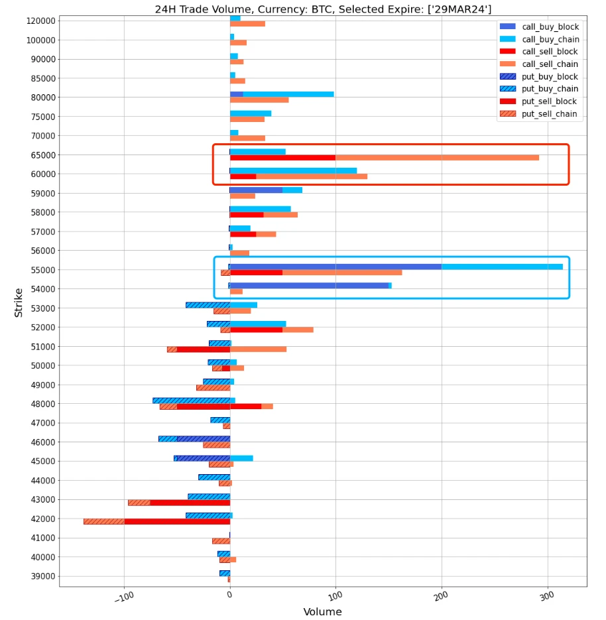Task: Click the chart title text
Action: (323, 9)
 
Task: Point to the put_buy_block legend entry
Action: (550, 77)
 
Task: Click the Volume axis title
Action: (322, 611)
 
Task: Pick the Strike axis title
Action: (19, 302)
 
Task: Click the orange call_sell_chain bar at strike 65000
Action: (437, 158)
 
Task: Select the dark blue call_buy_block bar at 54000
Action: (309, 286)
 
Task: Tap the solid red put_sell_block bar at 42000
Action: (177, 522)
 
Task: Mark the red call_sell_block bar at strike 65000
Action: (282, 158)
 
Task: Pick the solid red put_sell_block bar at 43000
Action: (190, 503)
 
